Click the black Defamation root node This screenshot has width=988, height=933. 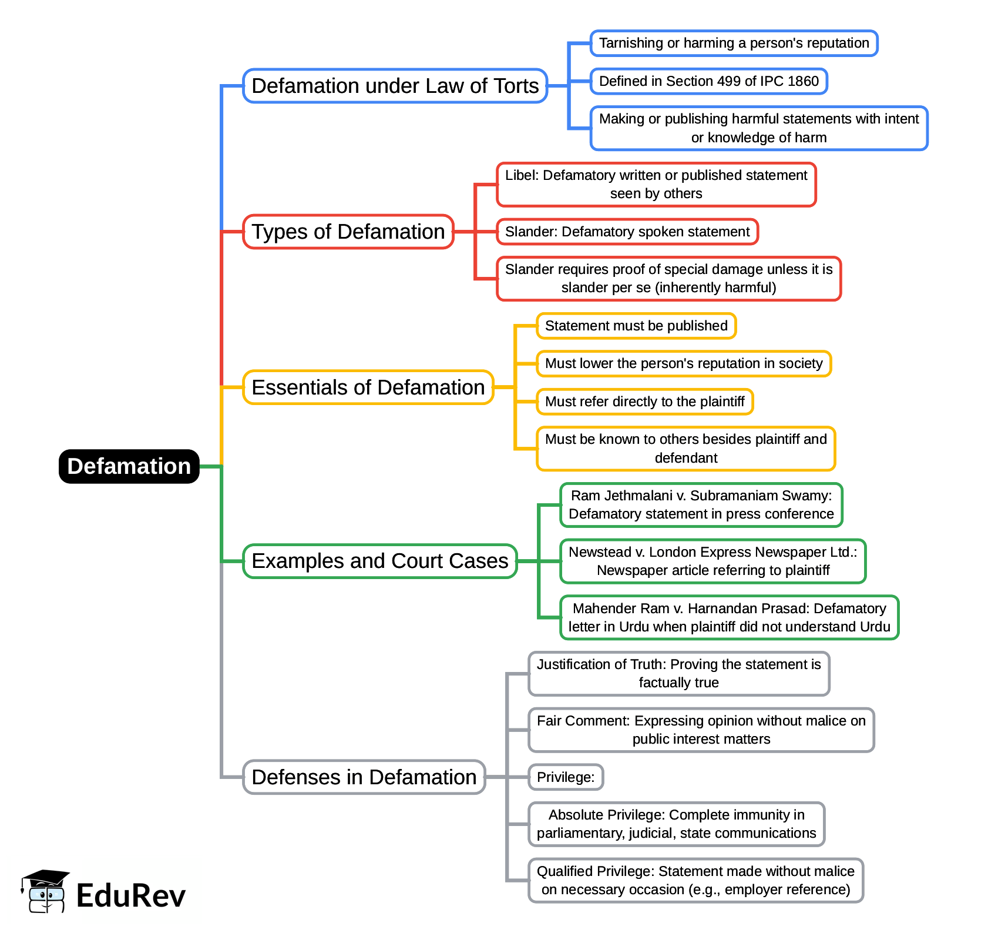point(129,466)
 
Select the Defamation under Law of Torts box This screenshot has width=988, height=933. point(395,86)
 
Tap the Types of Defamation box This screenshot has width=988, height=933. point(348,232)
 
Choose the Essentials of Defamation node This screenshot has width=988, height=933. point(368,387)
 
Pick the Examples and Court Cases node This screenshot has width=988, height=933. point(379,561)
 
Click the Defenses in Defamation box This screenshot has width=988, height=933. point(364,777)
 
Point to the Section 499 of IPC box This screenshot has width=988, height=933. point(708,81)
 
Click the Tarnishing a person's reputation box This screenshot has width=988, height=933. point(734,44)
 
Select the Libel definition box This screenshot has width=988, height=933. point(656,185)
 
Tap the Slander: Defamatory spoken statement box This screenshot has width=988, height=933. point(627,232)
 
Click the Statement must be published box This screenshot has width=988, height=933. point(636,326)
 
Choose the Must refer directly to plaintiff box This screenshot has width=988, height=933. point(644,402)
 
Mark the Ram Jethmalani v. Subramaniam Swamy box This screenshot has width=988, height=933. point(701,505)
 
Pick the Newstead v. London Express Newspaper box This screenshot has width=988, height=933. point(713,561)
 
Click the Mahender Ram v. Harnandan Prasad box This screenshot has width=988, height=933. point(729,617)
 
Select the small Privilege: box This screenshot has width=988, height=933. point(565,777)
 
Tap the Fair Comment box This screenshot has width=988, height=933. point(701,730)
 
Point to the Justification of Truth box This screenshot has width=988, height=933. point(678,674)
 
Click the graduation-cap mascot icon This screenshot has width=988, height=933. point(45,891)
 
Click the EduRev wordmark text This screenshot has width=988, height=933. point(130,896)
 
